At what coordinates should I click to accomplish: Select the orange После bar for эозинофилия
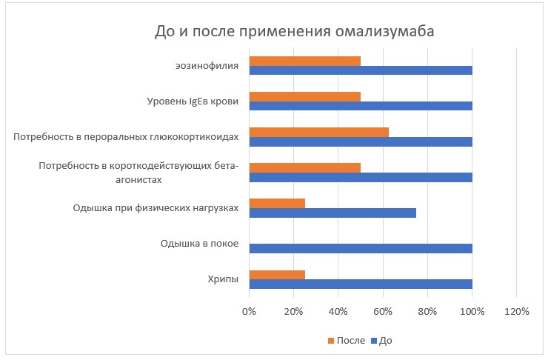(x=305, y=61)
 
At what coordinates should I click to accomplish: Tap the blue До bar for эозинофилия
(x=361, y=71)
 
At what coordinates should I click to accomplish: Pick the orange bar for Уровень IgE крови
(x=305, y=96)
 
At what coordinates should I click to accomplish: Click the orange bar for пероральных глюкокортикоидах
(x=319, y=132)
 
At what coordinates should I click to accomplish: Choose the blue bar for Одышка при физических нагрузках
(x=333, y=213)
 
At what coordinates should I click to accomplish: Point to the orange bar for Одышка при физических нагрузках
(x=277, y=202)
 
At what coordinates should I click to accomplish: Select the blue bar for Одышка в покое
(x=361, y=248)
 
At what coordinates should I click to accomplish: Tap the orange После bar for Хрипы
(x=277, y=274)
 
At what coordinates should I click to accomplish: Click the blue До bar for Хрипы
(x=361, y=284)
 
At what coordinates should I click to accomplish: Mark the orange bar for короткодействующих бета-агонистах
(x=305, y=167)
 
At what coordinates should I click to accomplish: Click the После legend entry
(x=346, y=341)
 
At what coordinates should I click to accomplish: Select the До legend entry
(x=381, y=341)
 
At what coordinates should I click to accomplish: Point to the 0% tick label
(x=250, y=311)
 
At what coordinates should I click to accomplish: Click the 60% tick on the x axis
(x=383, y=311)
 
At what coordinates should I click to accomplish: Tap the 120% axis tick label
(x=516, y=311)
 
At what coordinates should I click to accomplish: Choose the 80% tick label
(x=427, y=311)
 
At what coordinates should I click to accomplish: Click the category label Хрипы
(x=222, y=279)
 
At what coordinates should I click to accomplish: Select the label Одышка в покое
(x=199, y=244)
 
